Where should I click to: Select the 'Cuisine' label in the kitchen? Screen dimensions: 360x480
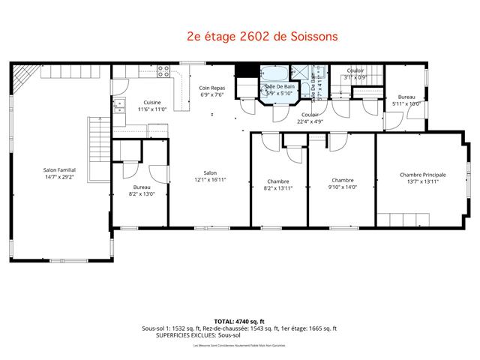click(x=153, y=102)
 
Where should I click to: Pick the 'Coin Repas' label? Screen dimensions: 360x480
click(x=212, y=88)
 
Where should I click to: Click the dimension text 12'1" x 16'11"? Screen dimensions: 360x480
click(x=210, y=180)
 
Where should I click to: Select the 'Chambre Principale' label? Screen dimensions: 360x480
click(x=422, y=174)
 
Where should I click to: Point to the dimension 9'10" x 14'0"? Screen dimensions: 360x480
click(x=342, y=187)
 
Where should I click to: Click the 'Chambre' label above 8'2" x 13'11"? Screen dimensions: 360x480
click(x=278, y=181)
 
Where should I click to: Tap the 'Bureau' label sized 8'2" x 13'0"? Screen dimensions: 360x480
click(x=142, y=187)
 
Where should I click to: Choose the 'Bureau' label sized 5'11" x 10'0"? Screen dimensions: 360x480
click(x=406, y=97)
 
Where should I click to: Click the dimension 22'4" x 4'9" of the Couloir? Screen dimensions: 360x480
click(x=309, y=121)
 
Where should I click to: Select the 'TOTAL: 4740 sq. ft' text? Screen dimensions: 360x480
click(x=240, y=321)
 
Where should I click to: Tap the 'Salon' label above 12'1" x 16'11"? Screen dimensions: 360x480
click(x=210, y=172)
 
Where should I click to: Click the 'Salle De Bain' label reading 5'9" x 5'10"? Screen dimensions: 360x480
click(x=280, y=87)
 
